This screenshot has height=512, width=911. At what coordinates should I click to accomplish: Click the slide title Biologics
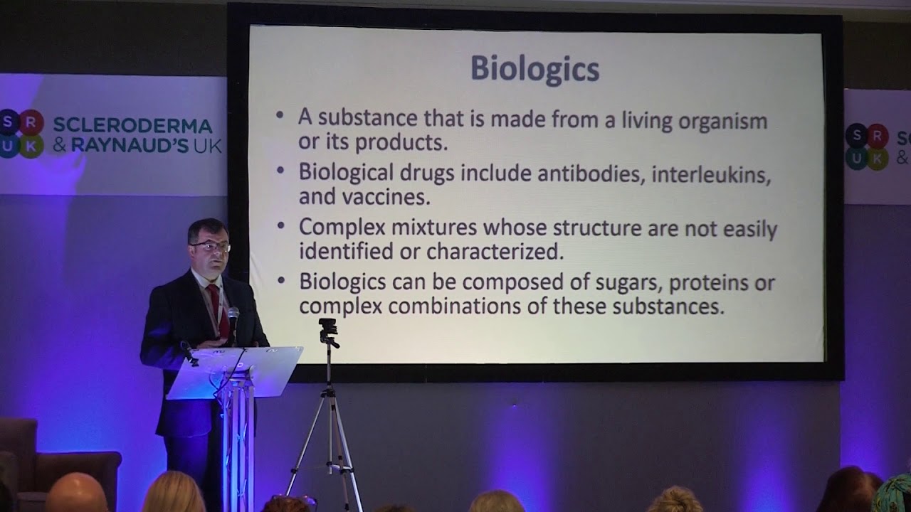535,70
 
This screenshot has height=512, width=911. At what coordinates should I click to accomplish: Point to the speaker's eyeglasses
211,247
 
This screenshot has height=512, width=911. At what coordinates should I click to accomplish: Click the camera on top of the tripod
328,329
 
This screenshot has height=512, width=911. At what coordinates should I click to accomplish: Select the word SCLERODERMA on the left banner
132,126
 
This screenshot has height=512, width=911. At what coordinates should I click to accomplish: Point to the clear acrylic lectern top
235,370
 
